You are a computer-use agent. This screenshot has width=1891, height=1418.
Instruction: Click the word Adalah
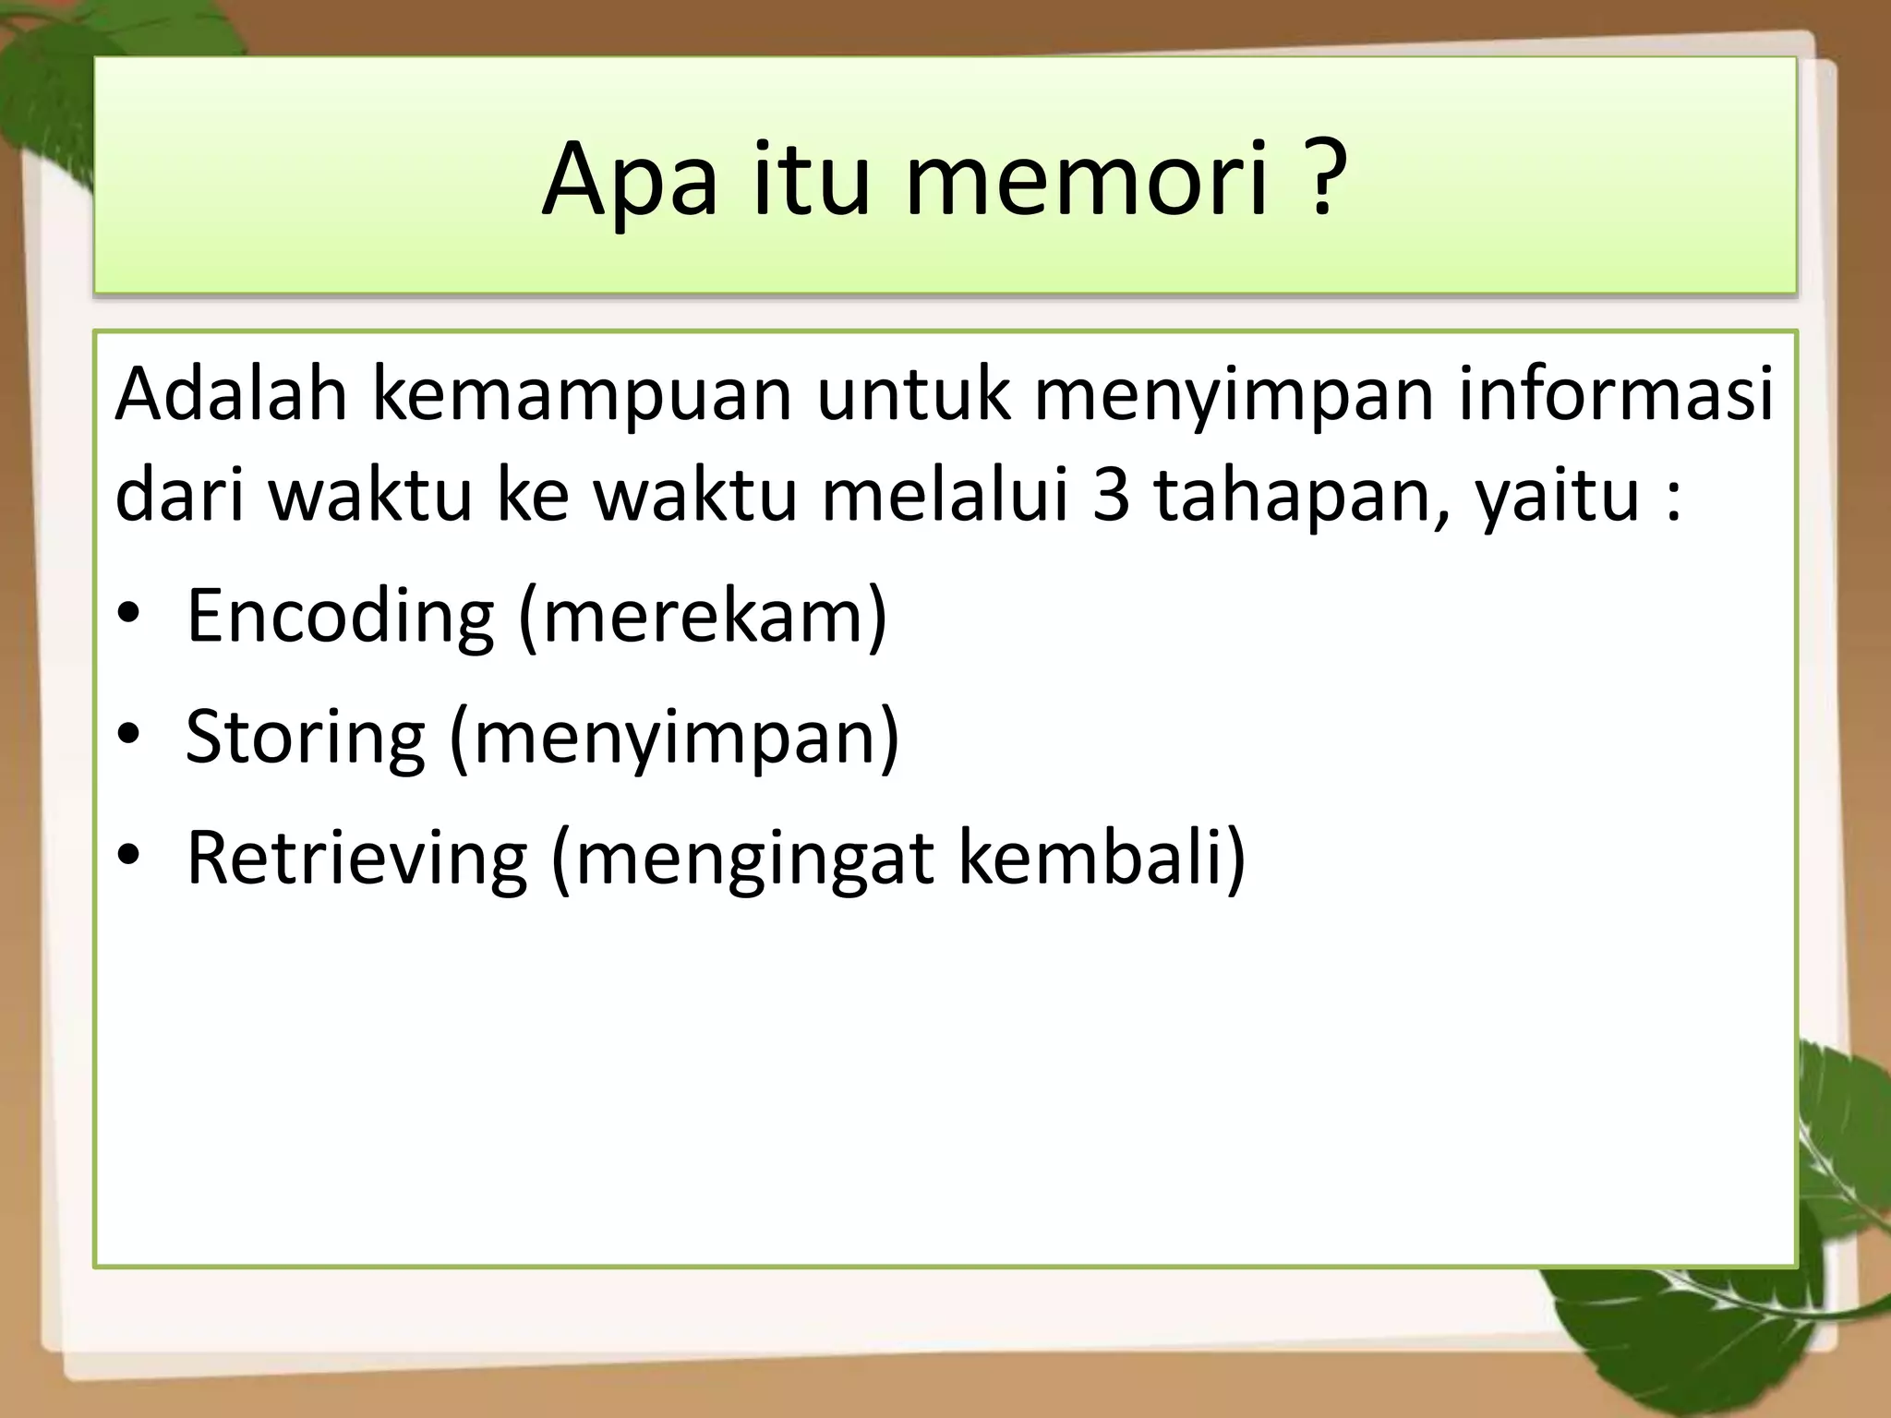click(x=231, y=394)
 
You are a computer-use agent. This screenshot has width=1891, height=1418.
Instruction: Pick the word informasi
click(x=1616, y=394)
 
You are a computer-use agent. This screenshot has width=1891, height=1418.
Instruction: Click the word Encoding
click(x=340, y=617)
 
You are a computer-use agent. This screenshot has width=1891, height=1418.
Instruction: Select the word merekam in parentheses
click(x=702, y=617)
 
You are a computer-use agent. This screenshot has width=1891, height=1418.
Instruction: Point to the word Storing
click(x=305, y=738)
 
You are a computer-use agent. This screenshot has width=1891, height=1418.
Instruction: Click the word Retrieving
click(x=356, y=859)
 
